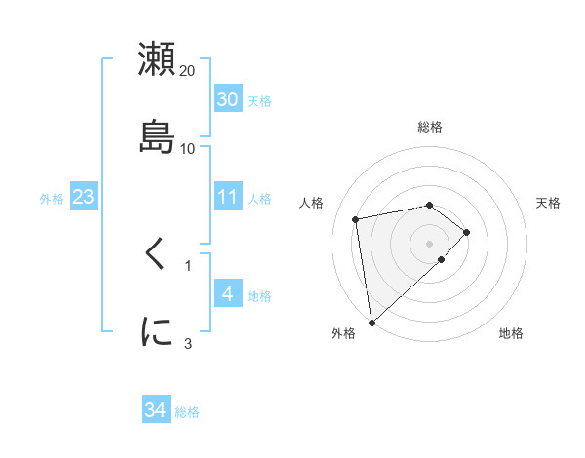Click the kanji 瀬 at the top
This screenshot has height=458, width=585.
(x=157, y=60)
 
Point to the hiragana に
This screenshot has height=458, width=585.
(x=157, y=332)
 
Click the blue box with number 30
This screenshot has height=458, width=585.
(x=228, y=99)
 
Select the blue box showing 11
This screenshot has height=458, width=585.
(x=228, y=197)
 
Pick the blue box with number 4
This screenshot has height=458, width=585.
(x=228, y=293)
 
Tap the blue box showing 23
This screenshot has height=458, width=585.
(x=84, y=197)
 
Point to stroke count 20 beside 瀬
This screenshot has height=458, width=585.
(x=188, y=71)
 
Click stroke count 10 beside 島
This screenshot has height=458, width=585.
(x=188, y=148)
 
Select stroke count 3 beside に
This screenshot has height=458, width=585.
(x=188, y=342)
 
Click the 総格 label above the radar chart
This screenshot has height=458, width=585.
(x=430, y=127)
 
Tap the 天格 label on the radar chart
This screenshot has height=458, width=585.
(x=549, y=203)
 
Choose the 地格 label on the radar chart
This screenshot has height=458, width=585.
(x=511, y=334)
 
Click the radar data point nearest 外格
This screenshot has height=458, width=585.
(x=370, y=322)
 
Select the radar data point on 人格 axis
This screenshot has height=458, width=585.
(x=356, y=218)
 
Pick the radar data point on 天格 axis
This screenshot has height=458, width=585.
(x=468, y=232)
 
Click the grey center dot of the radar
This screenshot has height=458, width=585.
(x=430, y=243)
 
